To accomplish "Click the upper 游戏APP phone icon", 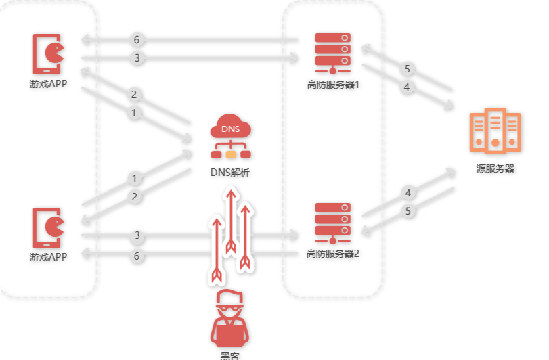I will click(x=47, y=54).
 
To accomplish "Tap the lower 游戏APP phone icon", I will click(x=47, y=228).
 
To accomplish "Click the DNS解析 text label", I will click(x=230, y=173).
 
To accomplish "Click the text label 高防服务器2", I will click(x=332, y=254).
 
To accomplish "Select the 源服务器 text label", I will click(x=495, y=168).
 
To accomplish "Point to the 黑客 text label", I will click(x=230, y=355).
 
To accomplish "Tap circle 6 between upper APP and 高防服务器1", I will click(x=137, y=40).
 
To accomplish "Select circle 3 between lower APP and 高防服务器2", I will click(x=137, y=235).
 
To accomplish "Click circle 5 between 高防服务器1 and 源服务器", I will click(x=407, y=69).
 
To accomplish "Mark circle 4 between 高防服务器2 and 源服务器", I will click(x=408, y=193).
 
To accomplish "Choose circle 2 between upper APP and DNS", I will click(x=134, y=95).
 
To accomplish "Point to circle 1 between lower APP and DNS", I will click(x=134, y=179).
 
